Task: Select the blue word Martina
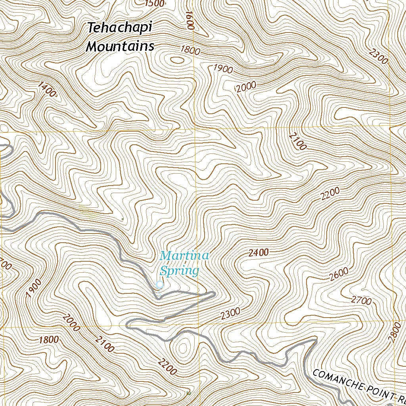[184, 256]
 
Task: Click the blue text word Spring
[179, 271]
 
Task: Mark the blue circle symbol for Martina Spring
[160, 284]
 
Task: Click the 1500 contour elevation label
[155, 4]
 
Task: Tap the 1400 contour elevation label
[48, 90]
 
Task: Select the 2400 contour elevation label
[259, 253]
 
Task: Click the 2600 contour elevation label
[339, 274]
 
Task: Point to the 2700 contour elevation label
[361, 301]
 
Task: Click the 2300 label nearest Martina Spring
[231, 314]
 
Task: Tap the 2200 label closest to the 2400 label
[330, 194]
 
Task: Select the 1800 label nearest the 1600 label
[190, 50]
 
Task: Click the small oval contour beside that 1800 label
[177, 60]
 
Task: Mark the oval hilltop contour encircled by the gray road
[183, 348]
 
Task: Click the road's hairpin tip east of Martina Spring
[213, 294]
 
